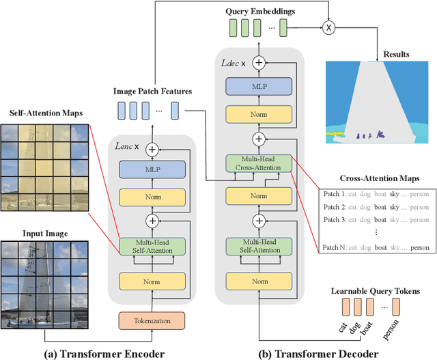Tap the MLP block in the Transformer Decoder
[x=258, y=86]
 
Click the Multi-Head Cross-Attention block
[x=258, y=163]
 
